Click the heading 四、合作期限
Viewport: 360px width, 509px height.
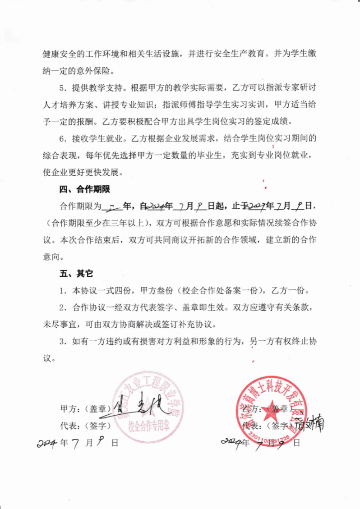[x=85, y=189]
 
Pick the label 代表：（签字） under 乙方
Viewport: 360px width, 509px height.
[x=266, y=425]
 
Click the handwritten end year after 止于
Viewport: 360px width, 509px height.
[x=257, y=206]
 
